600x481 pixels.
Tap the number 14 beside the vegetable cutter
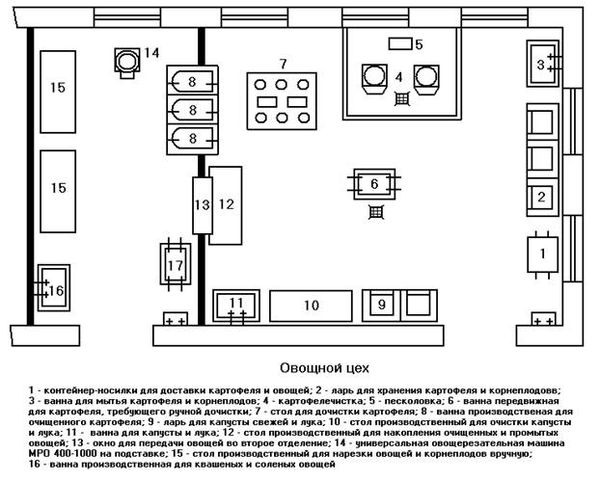point(152,52)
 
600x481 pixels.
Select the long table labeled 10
point(310,305)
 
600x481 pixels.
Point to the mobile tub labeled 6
point(374,182)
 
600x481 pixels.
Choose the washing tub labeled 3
point(541,64)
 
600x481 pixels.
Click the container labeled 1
point(543,254)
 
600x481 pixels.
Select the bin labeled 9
point(382,305)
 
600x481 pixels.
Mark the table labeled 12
point(225,203)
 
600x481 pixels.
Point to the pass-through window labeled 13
point(201,204)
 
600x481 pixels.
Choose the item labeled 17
point(175,264)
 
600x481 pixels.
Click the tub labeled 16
point(53,288)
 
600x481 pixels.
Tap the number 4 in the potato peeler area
point(398,74)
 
